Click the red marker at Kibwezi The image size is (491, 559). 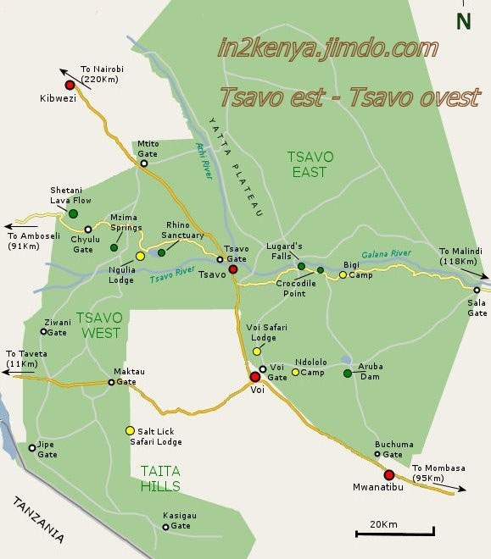(70, 86)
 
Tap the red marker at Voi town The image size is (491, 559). (254, 377)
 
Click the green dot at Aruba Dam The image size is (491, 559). (347, 374)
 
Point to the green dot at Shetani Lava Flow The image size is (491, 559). (73, 213)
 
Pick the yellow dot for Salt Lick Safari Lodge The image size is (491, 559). (130, 429)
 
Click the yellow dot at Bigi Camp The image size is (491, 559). (343, 274)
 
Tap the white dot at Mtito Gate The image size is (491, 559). (143, 163)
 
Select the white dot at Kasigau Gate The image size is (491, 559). (165, 527)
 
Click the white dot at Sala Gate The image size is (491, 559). (477, 290)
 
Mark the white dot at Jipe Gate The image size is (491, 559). (32, 448)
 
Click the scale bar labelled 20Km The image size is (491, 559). (394, 531)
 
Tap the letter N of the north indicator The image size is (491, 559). (463, 21)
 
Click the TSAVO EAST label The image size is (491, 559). (310, 165)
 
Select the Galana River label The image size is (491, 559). (387, 254)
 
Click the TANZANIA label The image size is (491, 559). (38, 519)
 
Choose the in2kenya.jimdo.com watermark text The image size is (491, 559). (327, 48)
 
